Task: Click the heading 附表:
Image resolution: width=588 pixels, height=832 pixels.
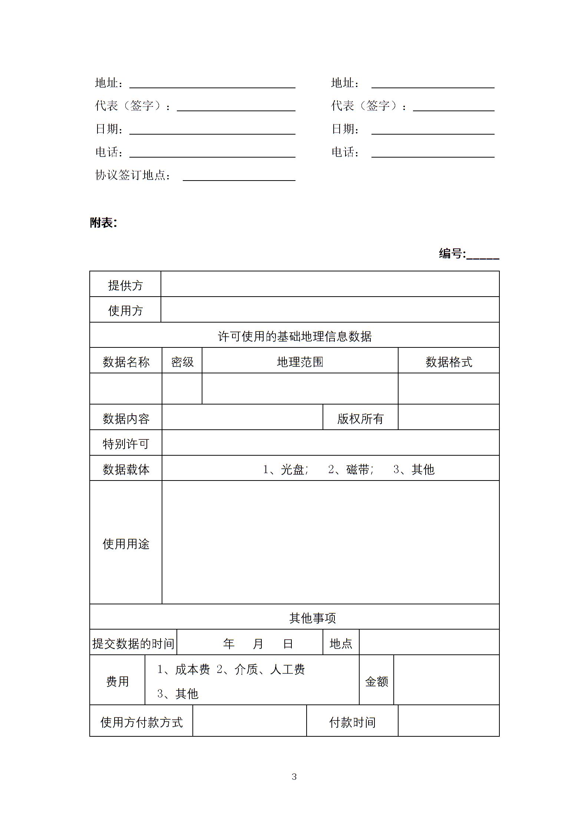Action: (103, 223)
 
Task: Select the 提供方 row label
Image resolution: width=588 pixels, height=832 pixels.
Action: (125, 285)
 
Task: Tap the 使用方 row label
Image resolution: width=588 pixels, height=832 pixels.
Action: (125, 310)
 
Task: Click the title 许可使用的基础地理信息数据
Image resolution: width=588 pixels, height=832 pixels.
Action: (294, 336)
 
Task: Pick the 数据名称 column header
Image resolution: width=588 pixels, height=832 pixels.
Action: (126, 361)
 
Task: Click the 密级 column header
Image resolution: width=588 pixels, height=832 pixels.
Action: (182, 361)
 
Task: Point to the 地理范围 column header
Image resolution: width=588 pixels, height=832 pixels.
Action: (300, 361)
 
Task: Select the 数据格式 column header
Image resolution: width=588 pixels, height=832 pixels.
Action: (449, 361)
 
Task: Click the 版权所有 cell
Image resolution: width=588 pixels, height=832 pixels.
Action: (360, 419)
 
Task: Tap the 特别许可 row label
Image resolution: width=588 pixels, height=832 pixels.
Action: (126, 443)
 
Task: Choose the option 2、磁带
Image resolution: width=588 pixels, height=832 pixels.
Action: (350, 469)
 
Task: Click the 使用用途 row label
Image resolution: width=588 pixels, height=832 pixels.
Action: (126, 544)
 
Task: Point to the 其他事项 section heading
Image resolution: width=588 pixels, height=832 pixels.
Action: (312, 618)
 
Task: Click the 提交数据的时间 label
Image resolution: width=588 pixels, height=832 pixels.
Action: (133, 643)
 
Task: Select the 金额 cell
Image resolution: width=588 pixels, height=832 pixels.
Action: (376, 681)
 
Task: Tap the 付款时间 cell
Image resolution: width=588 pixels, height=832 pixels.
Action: (352, 722)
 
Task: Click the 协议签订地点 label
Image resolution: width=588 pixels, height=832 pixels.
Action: (133, 175)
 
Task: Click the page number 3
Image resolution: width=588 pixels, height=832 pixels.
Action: (294, 777)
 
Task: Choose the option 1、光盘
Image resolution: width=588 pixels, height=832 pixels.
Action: (285, 469)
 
